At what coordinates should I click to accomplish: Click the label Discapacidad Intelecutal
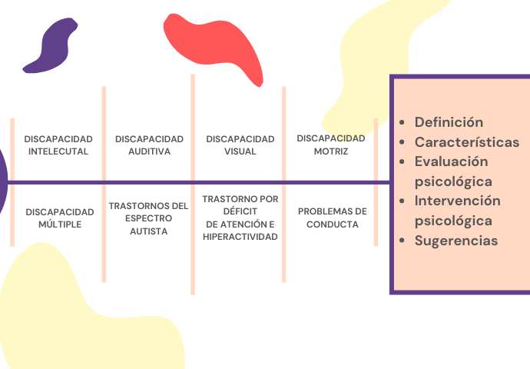pyautogui.click(x=58, y=145)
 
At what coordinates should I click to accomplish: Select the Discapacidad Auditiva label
pyautogui.click(x=149, y=145)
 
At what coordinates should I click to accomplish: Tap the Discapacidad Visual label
pyautogui.click(x=240, y=145)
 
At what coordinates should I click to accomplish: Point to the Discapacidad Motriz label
pyautogui.click(x=331, y=145)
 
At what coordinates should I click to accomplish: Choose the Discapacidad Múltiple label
pyautogui.click(x=58, y=218)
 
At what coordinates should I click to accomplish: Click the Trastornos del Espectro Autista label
pyautogui.click(x=149, y=218)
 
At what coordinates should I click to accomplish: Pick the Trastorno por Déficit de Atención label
pyautogui.click(x=240, y=218)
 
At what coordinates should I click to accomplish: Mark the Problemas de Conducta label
pyautogui.click(x=333, y=218)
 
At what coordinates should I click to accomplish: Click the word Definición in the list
pyautogui.click(x=449, y=122)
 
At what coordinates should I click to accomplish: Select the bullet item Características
pyautogui.click(x=467, y=142)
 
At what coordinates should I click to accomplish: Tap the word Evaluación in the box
pyautogui.click(x=452, y=161)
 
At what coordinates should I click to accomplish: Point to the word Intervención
pyautogui.click(x=458, y=201)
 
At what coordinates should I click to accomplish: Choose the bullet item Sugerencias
pyautogui.click(x=456, y=241)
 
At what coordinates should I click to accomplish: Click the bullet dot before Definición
pyautogui.click(x=404, y=123)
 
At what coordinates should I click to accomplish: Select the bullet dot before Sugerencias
pyautogui.click(x=404, y=241)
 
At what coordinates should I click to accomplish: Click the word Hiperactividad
pyautogui.click(x=240, y=236)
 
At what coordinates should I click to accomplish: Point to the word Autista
pyautogui.click(x=149, y=231)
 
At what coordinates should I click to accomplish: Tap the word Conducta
pyautogui.click(x=333, y=224)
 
